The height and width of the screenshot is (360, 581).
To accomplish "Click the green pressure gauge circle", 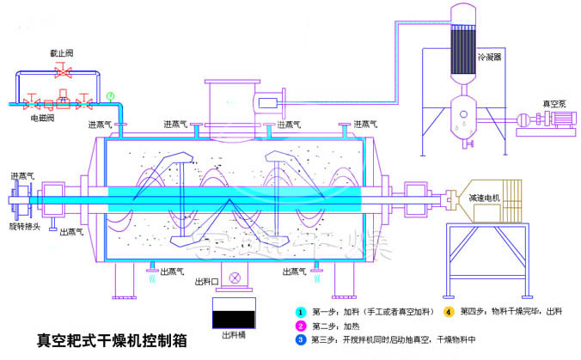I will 110,95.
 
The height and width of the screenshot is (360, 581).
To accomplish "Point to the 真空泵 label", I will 552,104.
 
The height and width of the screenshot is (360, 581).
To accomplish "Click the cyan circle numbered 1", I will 301,311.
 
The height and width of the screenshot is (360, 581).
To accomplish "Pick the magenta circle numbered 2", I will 301,326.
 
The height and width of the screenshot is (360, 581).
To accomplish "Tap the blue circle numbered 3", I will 301,340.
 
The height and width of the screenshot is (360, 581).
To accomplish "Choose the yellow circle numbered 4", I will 448,311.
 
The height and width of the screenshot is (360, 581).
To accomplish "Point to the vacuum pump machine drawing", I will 541,125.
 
